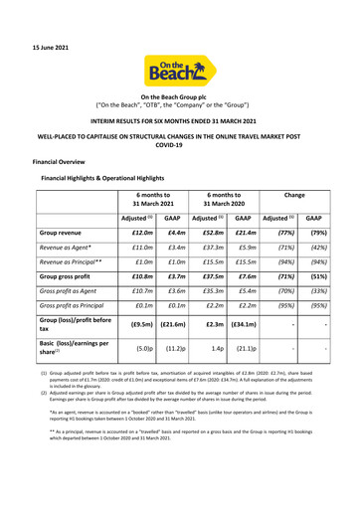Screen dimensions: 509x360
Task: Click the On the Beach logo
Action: point(180,44)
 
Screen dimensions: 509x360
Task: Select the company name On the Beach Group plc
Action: point(180,86)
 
